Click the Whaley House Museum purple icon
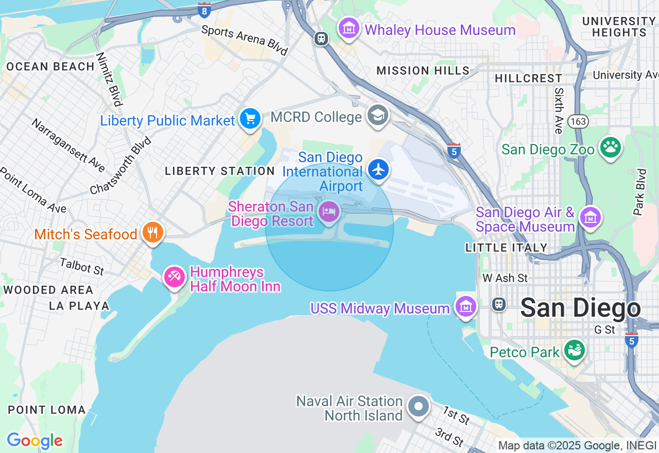point(349,28)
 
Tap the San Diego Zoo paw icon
point(611,147)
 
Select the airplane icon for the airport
point(378,169)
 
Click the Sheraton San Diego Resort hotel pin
point(329,212)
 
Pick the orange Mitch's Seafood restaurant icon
point(152,233)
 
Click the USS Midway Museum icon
point(466,306)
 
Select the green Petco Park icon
point(575,350)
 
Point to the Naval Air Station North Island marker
point(418,407)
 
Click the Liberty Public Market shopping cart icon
point(250,119)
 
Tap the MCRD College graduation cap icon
point(378,115)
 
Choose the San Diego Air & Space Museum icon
point(590,217)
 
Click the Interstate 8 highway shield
point(204,9)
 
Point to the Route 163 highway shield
point(578,121)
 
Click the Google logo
point(34,441)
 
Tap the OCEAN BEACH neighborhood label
point(50,67)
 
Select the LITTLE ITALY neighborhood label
point(506,248)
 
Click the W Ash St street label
point(505,278)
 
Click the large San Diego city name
point(580,308)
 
